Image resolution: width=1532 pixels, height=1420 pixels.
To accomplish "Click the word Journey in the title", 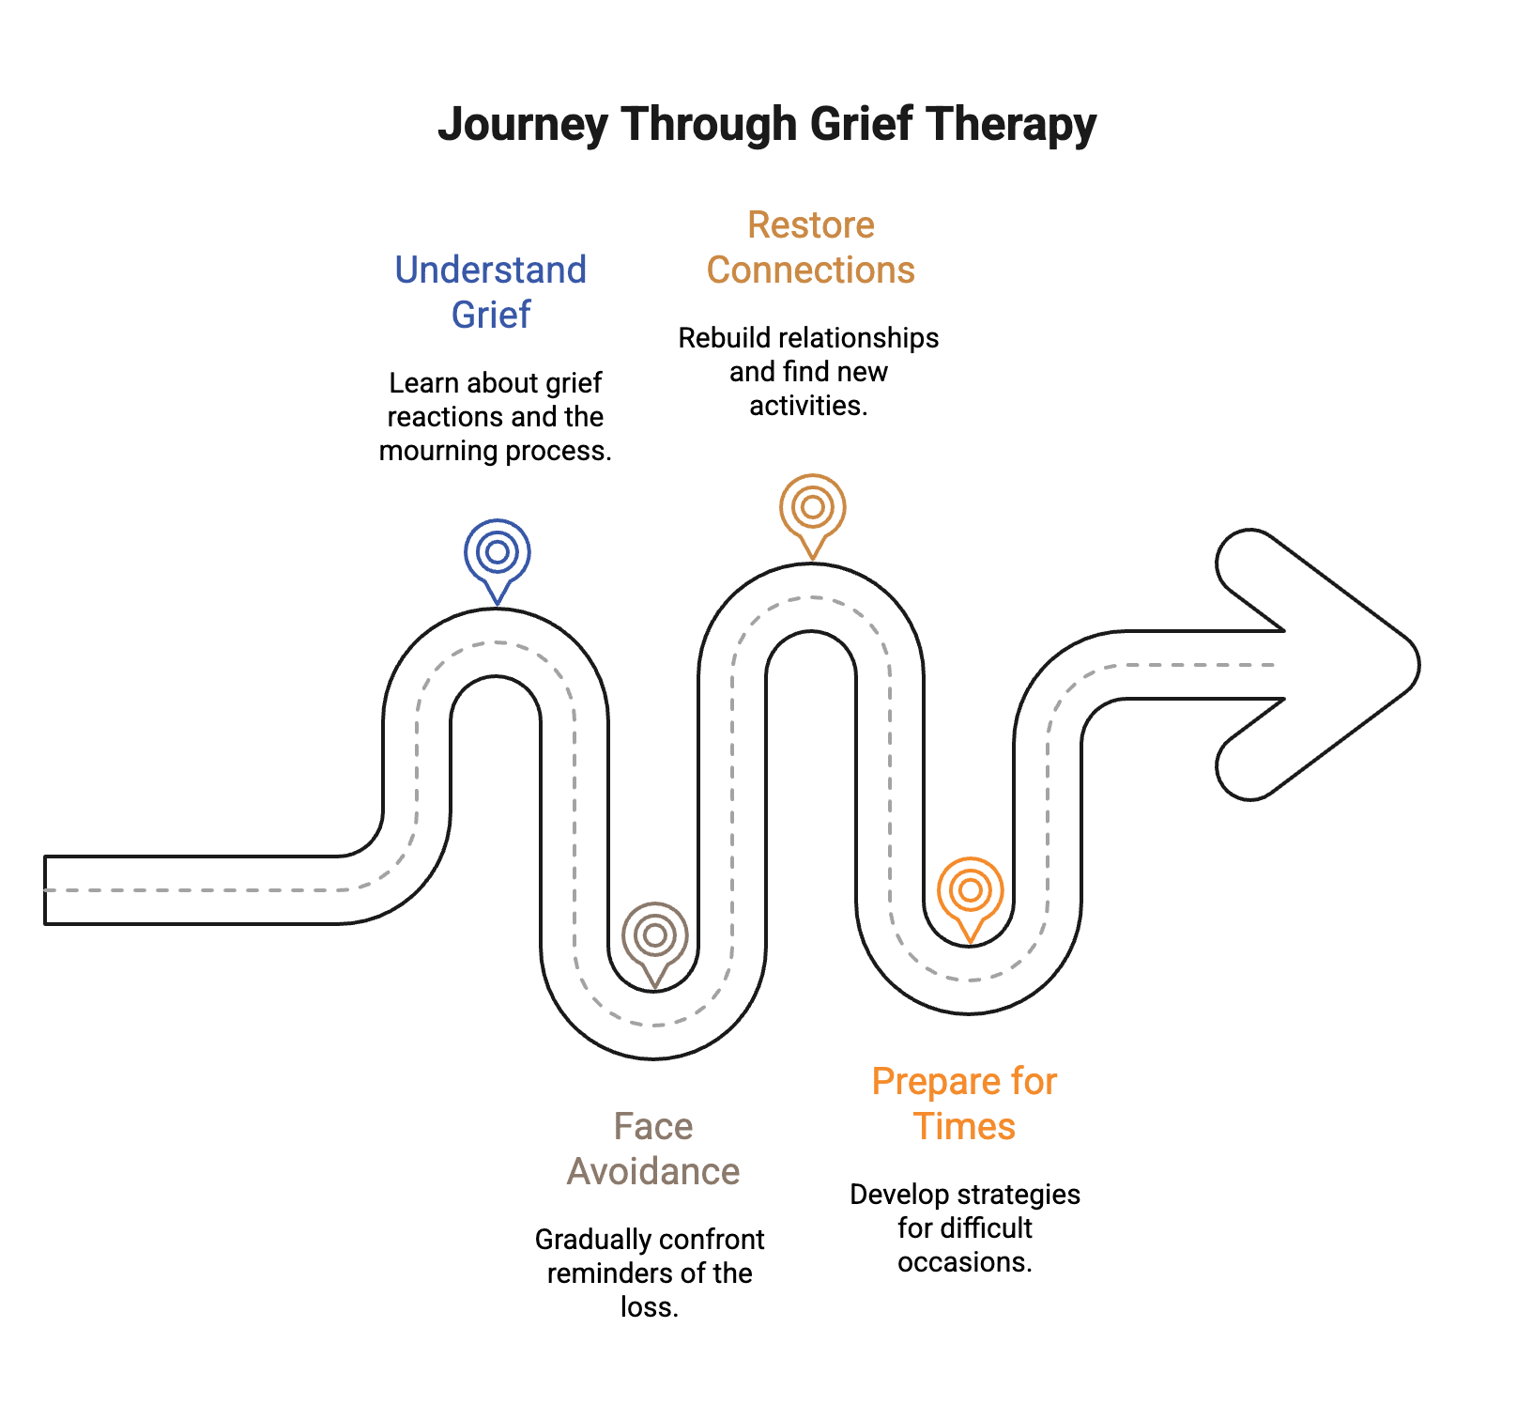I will click(522, 125).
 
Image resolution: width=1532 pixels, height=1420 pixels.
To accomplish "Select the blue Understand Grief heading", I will click(491, 291).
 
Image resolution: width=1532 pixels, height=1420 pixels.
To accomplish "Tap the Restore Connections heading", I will click(810, 247).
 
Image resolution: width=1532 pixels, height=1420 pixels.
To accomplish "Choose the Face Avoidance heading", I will click(653, 1149).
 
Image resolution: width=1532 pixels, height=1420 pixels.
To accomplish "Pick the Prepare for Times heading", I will click(964, 1104).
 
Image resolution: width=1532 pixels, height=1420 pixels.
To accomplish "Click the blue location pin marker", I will click(498, 554).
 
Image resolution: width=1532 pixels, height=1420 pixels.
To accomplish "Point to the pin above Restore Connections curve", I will click(813, 509).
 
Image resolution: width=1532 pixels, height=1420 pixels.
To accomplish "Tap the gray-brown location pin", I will click(655, 937).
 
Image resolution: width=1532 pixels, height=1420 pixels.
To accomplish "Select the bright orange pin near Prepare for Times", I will click(971, 892).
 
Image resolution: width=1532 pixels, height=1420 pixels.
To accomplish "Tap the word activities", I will click(807, 406).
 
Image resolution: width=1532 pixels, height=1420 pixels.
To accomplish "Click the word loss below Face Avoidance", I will click(648, 1307).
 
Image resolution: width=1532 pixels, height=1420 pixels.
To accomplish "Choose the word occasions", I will click(964, 1262).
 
